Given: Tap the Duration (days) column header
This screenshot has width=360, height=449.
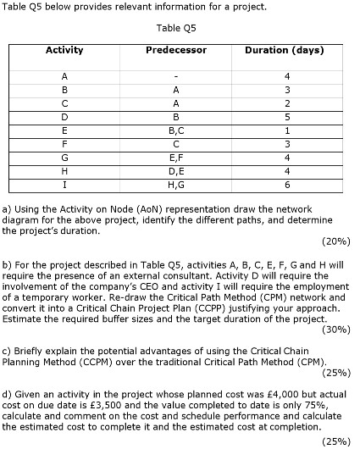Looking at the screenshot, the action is (284, 50).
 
